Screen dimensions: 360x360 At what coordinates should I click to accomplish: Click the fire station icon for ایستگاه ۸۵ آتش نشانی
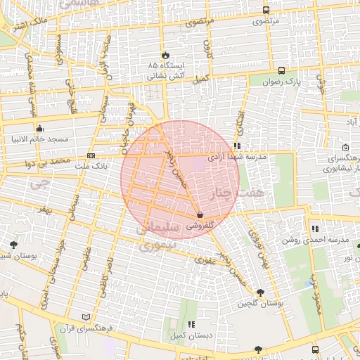click(x=165, y=55)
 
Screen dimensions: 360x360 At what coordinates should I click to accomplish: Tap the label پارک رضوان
click(x=303, y=82)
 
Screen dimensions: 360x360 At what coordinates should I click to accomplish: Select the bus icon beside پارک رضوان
click(x=281, y=70)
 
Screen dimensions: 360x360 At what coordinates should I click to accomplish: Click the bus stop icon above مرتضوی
click(x=265, y=11)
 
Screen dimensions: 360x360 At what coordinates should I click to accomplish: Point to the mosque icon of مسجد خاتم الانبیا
click(x=39, y=128)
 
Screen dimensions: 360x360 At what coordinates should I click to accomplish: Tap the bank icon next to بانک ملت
click(x=91, y=155)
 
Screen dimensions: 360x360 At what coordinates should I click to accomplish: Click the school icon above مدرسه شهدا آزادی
click(x=237, y=146)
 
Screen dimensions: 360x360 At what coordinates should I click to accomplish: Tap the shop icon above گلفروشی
click(x=200, y=214)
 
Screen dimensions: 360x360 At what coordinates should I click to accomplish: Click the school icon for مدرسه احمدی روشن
click(x=315, y=229)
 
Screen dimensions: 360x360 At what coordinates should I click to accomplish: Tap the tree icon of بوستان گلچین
click(x=261, y=292)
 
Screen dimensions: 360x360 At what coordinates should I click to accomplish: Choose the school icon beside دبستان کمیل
click(x=192, y=325)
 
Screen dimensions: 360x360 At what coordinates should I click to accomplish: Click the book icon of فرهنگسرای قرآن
click(x=86, y=318)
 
